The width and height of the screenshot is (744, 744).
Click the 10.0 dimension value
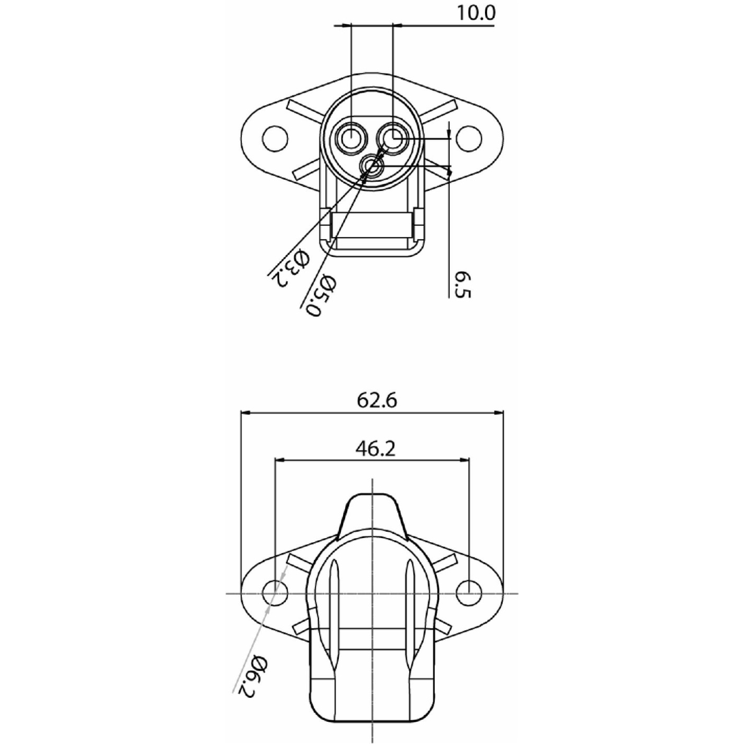[475, 12]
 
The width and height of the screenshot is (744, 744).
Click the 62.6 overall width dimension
[377, 400]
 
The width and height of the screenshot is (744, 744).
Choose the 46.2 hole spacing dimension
[375, 448]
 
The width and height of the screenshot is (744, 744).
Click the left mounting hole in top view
[275, 138]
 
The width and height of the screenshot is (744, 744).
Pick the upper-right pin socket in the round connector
[393, 138]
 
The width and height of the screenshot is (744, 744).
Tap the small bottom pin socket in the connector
[373, 166]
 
